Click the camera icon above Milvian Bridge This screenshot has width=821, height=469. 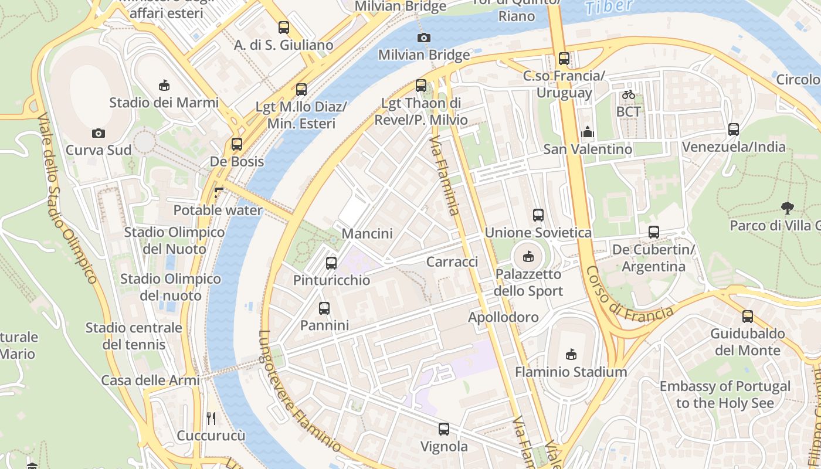coord(423,38)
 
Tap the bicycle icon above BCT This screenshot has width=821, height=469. coord(629,94)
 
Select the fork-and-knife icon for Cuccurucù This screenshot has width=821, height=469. coord(211,418)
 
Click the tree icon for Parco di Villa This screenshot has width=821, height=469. coord(787,207)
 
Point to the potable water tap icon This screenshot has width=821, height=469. coord(219,192)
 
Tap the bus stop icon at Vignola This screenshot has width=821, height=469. coord(444,429)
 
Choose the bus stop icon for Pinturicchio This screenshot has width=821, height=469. coord(331,263)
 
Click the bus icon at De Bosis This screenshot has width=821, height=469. coord(237,144)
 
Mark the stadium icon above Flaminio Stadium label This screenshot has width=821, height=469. coord(571,354)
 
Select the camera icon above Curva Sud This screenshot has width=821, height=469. coord(99,133)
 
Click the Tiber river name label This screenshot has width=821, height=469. coord(609,6)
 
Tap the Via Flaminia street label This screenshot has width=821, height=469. coord(444,176)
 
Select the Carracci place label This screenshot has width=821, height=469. coord(452,262)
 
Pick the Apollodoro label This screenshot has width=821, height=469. coord(503,317)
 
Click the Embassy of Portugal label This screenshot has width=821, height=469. coord(725,395)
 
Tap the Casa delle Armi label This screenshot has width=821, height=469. coord(151,380)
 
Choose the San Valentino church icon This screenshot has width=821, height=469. coord(588,132)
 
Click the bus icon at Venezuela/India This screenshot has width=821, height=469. coord(734,130)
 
